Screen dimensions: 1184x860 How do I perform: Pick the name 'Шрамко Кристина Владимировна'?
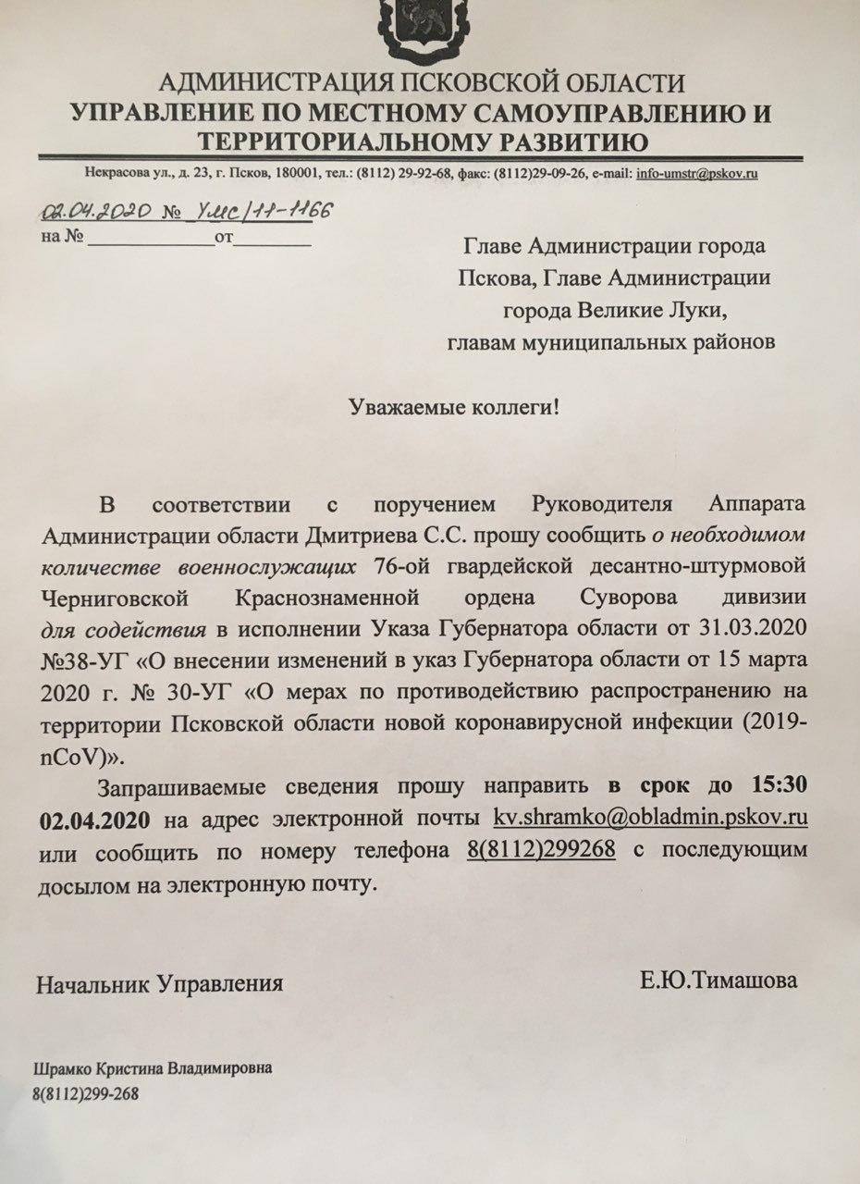pos(154,1068)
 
